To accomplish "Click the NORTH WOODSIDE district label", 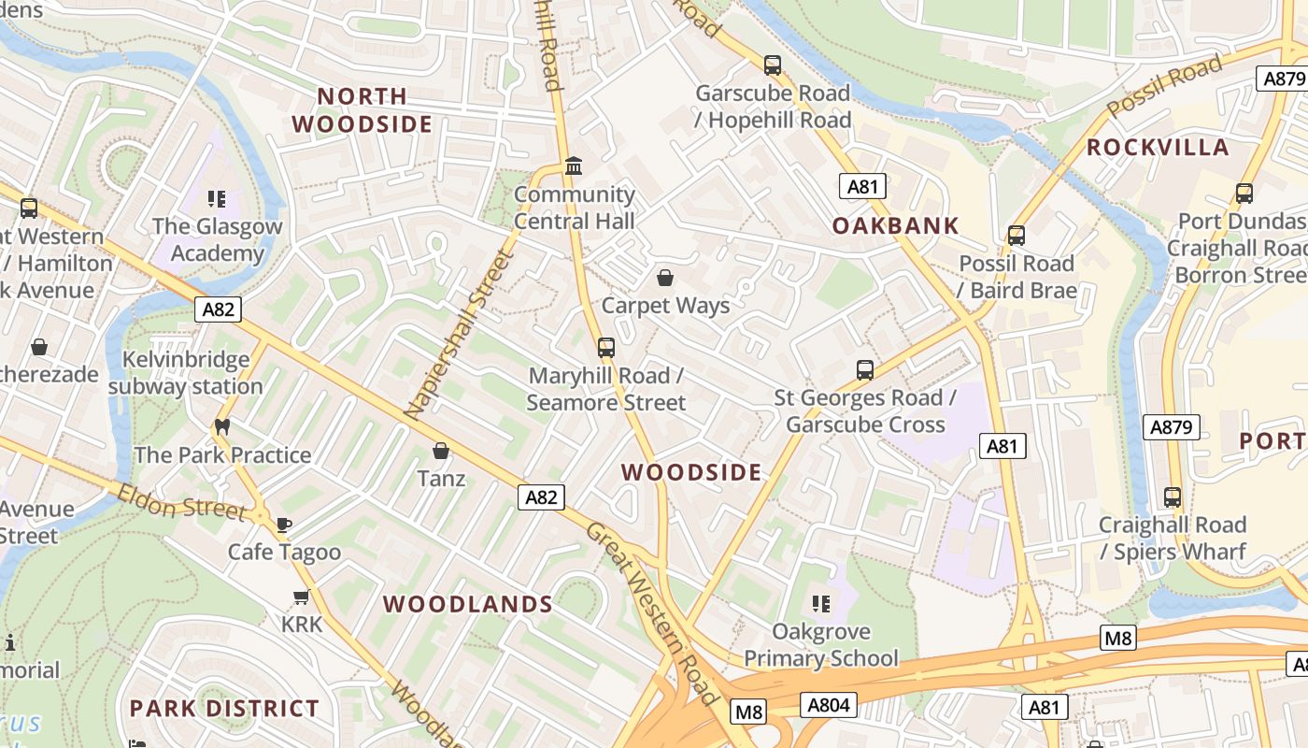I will point(362,109).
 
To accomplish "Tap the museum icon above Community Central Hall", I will point(574,166).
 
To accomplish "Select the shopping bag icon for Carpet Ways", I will point(665,278).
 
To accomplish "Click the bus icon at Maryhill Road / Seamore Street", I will point(606,348).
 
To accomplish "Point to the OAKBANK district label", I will point(896,225).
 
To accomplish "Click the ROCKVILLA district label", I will point(1158,148).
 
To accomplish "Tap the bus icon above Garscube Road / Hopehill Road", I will point(773,65).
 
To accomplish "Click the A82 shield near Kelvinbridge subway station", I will point(218,309).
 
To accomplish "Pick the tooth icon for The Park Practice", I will point(222,427).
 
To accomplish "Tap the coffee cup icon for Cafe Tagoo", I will point(284,525).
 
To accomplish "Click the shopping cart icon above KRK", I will point(301,597).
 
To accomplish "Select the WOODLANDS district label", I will point(468,604).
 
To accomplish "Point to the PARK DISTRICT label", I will point(224,708).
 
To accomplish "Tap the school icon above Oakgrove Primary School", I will point(821,604).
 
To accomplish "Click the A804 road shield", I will point(828,704).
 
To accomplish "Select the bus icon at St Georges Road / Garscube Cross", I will point(865,370).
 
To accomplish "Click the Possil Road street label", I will point(1165,86).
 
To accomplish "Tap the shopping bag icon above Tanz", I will point(441,452).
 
